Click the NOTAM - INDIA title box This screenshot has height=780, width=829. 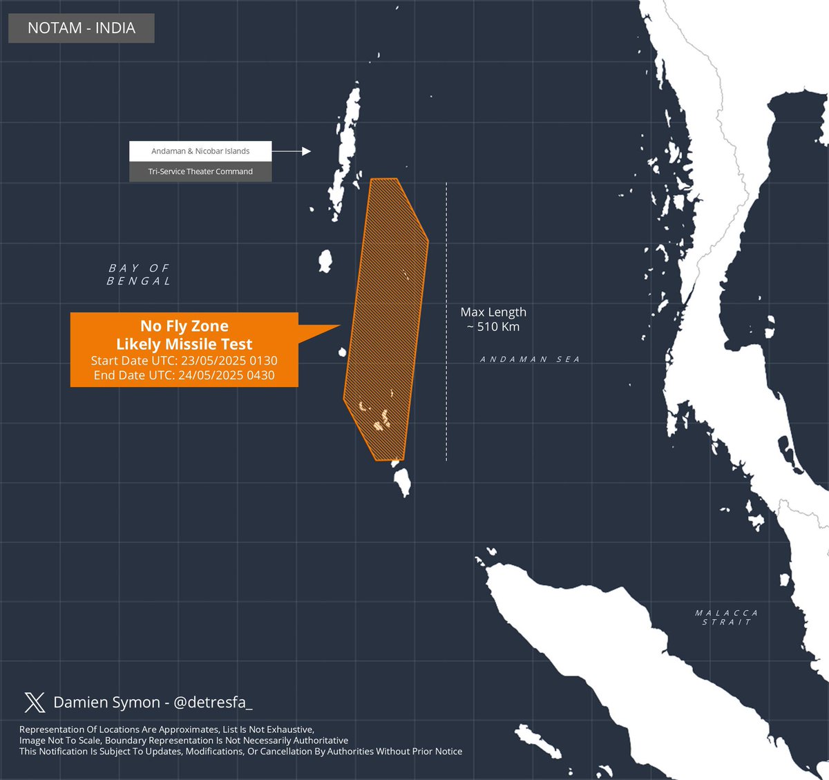click(x=82, y=28)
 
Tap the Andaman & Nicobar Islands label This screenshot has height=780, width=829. click(x=200, y=151)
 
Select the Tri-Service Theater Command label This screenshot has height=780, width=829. click(x=200, y=171)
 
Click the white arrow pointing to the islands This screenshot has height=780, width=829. click(x=296, y=151)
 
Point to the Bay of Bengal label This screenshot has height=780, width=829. click(x=139, y=274)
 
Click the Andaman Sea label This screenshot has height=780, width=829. click(x=530, y=359)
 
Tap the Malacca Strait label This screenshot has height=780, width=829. click(x=727, y=618)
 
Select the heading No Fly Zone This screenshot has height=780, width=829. click(x=184, y=326)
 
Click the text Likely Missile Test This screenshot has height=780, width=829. click(x=184, y=344)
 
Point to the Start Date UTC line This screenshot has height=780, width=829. click(x=184, y=361)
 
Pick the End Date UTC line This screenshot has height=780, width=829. click(x=184, y=375)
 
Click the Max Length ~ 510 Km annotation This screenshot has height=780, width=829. click(x=493, y=319)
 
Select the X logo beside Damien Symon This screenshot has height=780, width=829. click(x=35, y=703)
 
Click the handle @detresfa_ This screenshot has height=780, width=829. click(x=213, y=703)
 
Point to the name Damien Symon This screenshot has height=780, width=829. click(x=106, y=703)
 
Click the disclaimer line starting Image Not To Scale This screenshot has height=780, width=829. click(x=184, y=740)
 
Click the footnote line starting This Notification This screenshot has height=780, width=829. click(x=240, y=751)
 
